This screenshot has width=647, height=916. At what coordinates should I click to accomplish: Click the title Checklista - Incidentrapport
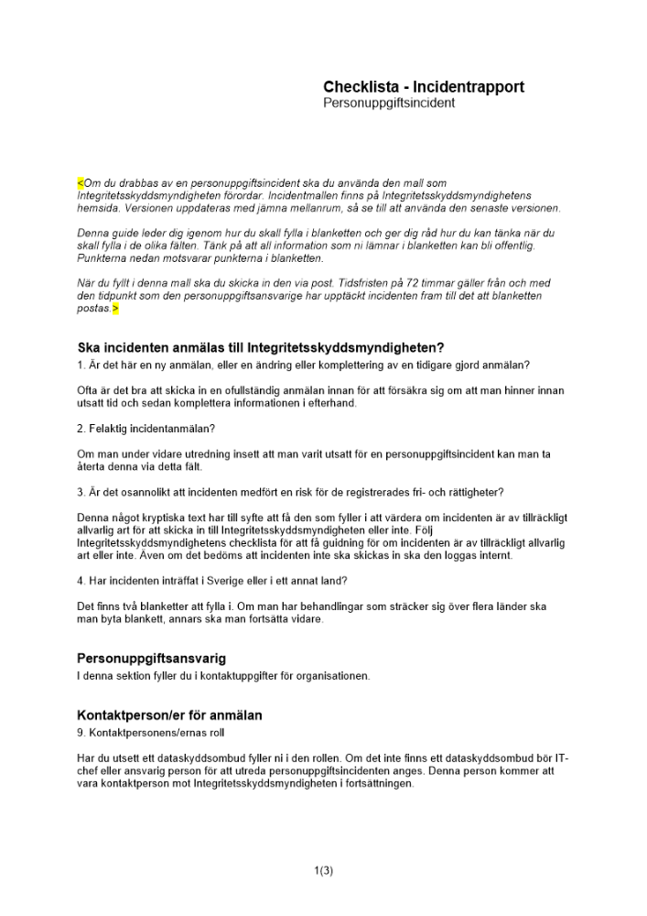(424, 87)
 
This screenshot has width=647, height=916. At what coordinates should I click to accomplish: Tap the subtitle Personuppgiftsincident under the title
(389, 104)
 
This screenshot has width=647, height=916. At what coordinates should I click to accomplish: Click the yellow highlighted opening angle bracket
(80, 183)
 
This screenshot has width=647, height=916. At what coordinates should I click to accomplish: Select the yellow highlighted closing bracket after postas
(115, 310)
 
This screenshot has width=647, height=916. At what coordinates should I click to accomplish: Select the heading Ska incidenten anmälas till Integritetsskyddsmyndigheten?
(261, 348)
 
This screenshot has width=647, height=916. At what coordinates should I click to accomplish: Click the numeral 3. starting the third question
(81, 493)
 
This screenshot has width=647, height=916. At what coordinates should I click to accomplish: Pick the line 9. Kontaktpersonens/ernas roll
(150, 733)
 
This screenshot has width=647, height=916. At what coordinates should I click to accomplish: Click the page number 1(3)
(323, 871)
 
